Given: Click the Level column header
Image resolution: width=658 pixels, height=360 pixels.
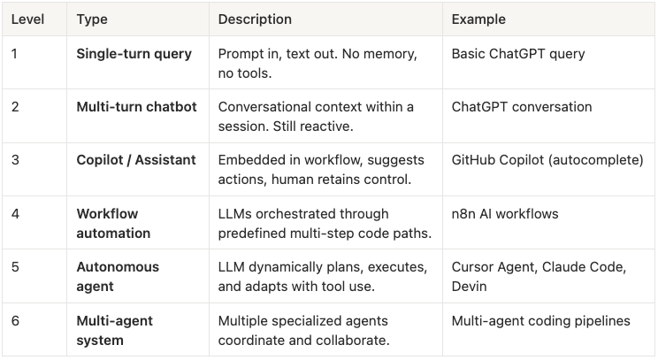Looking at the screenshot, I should [27, 19].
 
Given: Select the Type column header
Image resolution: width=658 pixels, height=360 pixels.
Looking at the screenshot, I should [92, 19].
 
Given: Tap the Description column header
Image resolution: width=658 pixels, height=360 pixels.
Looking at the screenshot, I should [255, 19].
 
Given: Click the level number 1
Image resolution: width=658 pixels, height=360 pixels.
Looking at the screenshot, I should [14, 54].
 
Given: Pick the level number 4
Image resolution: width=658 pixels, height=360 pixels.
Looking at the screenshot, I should [14, 213].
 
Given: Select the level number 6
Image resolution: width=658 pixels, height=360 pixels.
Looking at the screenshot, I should [14, 320].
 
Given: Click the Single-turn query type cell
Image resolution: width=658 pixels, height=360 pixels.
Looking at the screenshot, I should [134, 54].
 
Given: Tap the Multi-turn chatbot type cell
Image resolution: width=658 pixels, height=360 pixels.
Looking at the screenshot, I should [136, 107].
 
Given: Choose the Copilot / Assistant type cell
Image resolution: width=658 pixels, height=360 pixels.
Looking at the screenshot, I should [136, 160].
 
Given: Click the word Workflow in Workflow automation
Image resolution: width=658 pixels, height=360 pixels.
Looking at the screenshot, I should [107, 213].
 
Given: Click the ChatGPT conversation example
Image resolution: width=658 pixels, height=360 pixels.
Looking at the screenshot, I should [522, 107].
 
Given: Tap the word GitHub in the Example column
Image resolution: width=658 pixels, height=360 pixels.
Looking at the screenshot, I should [474, 160].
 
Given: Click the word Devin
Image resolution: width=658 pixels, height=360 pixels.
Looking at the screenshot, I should [470, 287].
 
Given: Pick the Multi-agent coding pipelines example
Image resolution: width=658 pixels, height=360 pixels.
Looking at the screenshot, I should [540, 320].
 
